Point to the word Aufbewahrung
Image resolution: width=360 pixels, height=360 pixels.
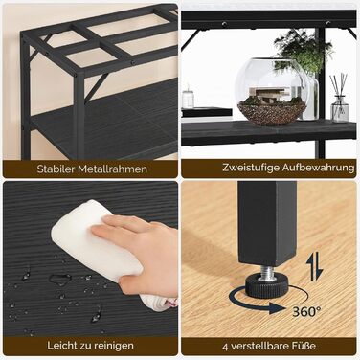[318, 168]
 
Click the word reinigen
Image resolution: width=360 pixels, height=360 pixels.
[113, 346]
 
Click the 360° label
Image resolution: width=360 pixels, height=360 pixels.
[306, 311]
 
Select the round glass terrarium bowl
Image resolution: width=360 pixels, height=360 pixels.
[272, 92]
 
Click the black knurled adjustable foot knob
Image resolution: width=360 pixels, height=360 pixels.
[266, 283]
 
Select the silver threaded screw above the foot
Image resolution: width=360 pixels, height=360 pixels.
[266, 271]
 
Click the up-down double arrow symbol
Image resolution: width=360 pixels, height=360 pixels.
[315, 267]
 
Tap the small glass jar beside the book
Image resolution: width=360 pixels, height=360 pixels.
[188, 98]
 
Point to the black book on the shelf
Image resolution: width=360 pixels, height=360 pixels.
[207, 112]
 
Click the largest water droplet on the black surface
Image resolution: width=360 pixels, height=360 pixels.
[59, 280]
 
